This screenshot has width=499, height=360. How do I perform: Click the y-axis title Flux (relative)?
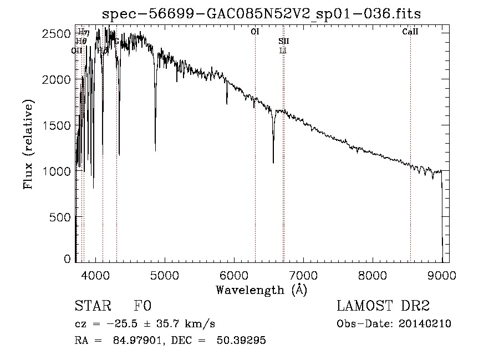(28, 144)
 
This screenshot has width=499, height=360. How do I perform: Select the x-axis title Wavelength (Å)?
(261, 290)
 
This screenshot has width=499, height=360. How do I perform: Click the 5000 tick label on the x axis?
(164, 274)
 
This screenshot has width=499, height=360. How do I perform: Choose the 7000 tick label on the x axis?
(303, 274)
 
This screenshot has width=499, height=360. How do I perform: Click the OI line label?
(255, 32)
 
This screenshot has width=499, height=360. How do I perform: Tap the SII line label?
(283, 41)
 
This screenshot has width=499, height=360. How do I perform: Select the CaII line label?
(410, 32)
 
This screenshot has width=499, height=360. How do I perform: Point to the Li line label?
(283, 50)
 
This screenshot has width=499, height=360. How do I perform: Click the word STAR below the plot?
(92, 306)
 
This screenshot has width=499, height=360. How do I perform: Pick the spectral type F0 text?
(142, 306)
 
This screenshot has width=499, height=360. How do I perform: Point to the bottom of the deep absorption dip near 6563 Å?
(273, 163)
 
